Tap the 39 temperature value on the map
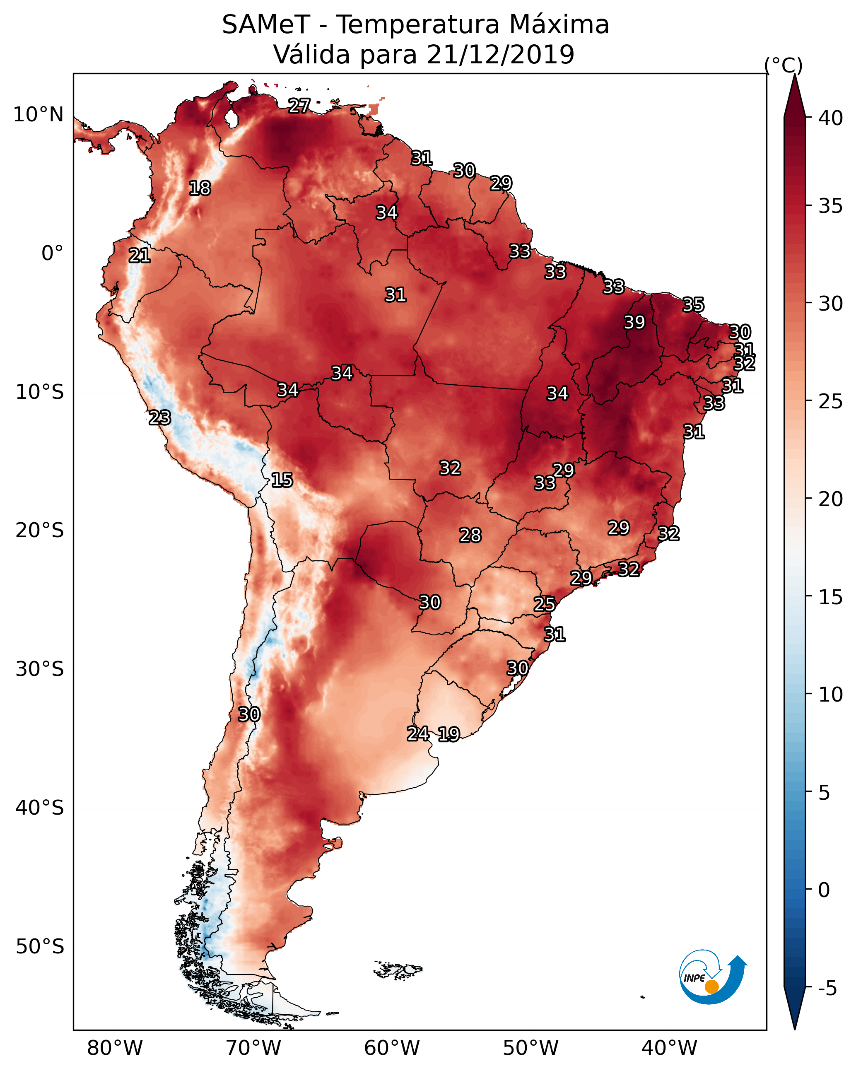coord(634,322)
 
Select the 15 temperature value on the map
coord(282,480)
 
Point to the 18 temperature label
coord(200,188)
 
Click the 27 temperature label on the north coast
coord(299,105)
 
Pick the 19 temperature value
coord(448,734)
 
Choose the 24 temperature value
coord(418,734)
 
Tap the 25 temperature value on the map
coord(545,604)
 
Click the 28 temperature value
coord(470,535)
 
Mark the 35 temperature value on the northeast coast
coord(693,304)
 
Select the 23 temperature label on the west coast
coord(160,418)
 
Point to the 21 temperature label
coord(140,256)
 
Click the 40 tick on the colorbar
coord(830,118)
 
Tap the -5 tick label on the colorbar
coord(827,989)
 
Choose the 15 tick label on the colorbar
coord(830,598)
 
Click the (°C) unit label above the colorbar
coord(783,65)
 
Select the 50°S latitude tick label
coord(40,947)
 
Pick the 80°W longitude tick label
coord(115,1048)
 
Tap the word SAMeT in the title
coord(266,25)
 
